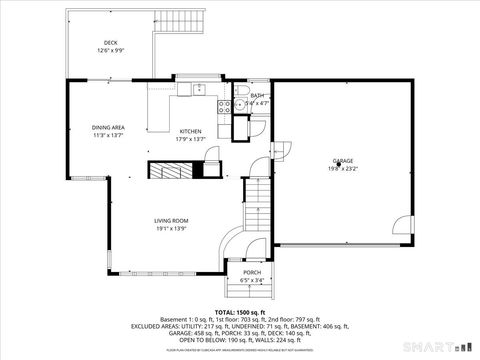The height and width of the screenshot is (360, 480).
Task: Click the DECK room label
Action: click(110, 43)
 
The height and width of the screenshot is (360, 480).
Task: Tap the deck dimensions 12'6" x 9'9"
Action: click(110, 51)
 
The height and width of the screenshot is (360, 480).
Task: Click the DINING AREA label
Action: click(108, 128)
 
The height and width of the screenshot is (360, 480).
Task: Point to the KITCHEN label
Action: click(190, 131)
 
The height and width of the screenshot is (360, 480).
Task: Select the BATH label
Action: click(257, 95)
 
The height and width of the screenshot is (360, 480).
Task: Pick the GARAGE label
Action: click(343, 160)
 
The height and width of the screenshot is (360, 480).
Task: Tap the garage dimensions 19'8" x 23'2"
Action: click(343, 168)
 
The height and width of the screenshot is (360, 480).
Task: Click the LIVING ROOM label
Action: click(171, 220)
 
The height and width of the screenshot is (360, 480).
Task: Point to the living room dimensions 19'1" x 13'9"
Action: click(171, 228)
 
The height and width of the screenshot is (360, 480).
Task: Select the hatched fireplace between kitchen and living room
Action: click(172, 169)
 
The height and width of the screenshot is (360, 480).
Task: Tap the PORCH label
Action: click(252, 272)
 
